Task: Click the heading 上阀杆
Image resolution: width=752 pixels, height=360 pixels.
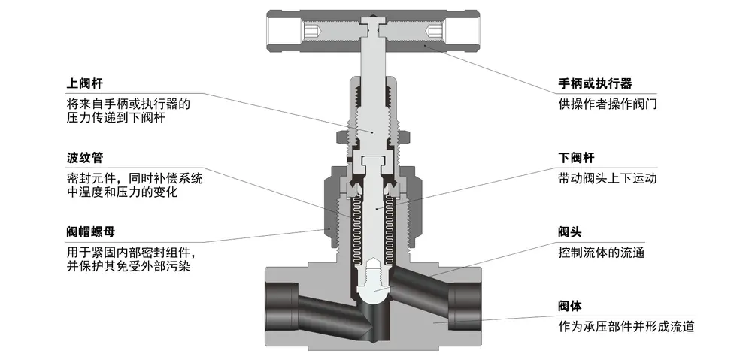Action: [84, 84]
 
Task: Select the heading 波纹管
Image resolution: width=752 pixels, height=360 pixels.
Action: [84, 158]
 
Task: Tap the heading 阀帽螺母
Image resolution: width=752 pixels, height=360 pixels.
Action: [91, 232]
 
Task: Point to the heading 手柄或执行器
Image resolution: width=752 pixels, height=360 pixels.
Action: [595, 84]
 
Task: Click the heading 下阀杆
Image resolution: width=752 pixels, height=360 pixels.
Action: [577, 158]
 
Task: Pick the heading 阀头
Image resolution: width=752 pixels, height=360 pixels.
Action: [570, 232]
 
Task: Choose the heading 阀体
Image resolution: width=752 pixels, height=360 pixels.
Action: [570, 306]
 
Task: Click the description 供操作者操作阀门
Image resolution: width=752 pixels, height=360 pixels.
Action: [608, 104]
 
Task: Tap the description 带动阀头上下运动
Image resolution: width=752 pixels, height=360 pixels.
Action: [608, 178]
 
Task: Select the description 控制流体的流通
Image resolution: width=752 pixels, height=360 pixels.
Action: [602, 253]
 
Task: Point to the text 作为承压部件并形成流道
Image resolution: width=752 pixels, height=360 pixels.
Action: [626, 327]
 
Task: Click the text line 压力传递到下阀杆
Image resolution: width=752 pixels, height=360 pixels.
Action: [116, 118]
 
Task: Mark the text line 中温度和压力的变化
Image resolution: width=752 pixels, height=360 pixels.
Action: [122, 192]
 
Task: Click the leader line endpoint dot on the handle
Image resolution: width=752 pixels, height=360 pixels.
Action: [424, 46]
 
